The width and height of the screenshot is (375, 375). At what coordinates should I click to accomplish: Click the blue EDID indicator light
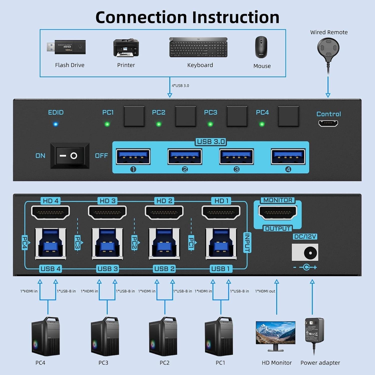tap(56, 124)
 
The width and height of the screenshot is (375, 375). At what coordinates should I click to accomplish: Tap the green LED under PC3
tap(210, 124)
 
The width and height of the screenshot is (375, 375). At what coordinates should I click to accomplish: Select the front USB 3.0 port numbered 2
tap(185, 157)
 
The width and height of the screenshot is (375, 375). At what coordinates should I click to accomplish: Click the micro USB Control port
tap(328, 123)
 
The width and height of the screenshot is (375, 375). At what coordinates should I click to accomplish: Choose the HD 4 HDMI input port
tap(50, 212)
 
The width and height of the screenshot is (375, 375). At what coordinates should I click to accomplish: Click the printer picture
tap(126, 48)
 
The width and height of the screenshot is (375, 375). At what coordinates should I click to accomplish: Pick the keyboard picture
tap(198, 47)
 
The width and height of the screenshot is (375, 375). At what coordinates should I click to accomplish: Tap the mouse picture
tap(261, 47)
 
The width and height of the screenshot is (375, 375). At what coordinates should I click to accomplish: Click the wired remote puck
tap(328, 47)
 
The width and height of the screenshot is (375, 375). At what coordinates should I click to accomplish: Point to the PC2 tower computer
tap(163, 336)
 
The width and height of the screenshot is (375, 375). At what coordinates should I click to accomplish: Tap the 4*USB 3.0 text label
tap(180, 86)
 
